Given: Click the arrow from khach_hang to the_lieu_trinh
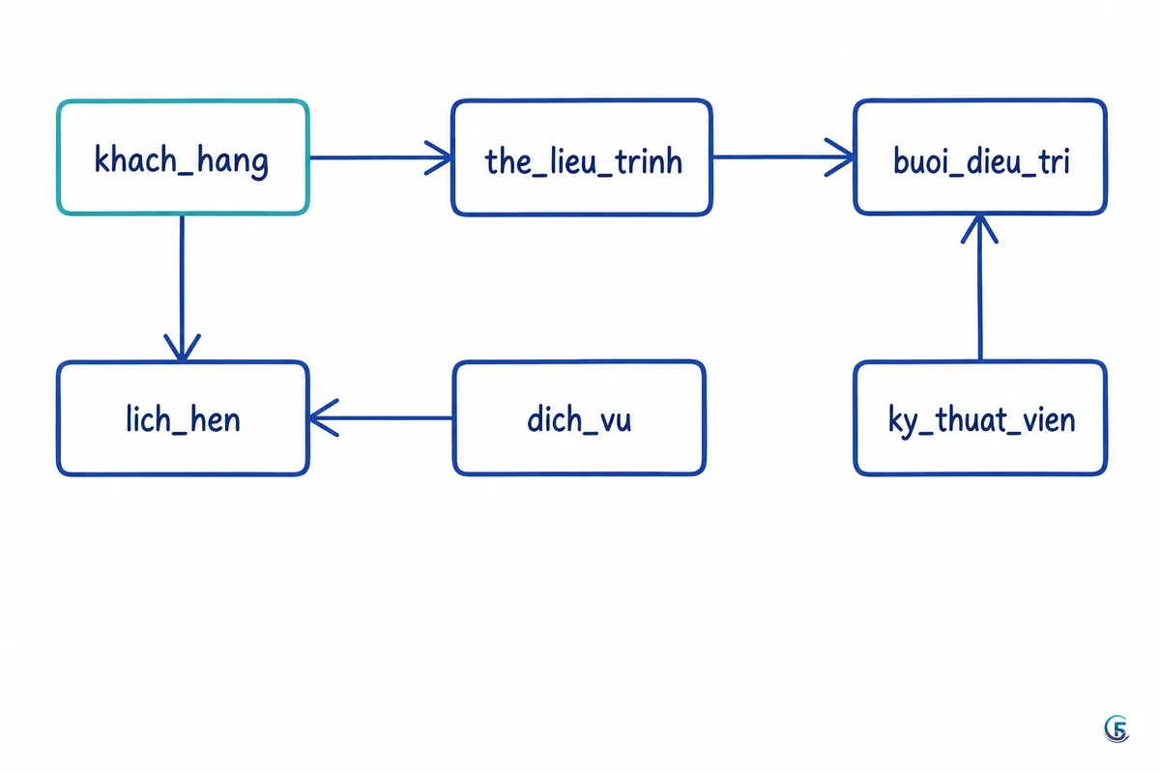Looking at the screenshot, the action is [381, 157].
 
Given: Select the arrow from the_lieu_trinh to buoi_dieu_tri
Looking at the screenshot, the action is [783, 157].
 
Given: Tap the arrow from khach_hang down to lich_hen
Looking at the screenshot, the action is [183, 288].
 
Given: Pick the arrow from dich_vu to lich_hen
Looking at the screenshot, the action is [380, 417].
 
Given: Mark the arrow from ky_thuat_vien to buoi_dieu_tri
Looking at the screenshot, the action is [980, 287].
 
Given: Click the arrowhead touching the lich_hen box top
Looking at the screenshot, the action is [183, 348].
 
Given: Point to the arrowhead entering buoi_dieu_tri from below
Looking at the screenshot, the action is [979, 228].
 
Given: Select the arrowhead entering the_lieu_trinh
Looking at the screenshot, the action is [438, 157].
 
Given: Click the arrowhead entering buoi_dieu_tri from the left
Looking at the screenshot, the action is [839, 157].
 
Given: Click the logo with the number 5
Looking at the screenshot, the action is [1116, 729].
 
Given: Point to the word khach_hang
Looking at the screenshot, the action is [182, 161].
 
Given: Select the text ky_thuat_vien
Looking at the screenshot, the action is [981, 420].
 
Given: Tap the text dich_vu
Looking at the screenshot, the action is [579, 419].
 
